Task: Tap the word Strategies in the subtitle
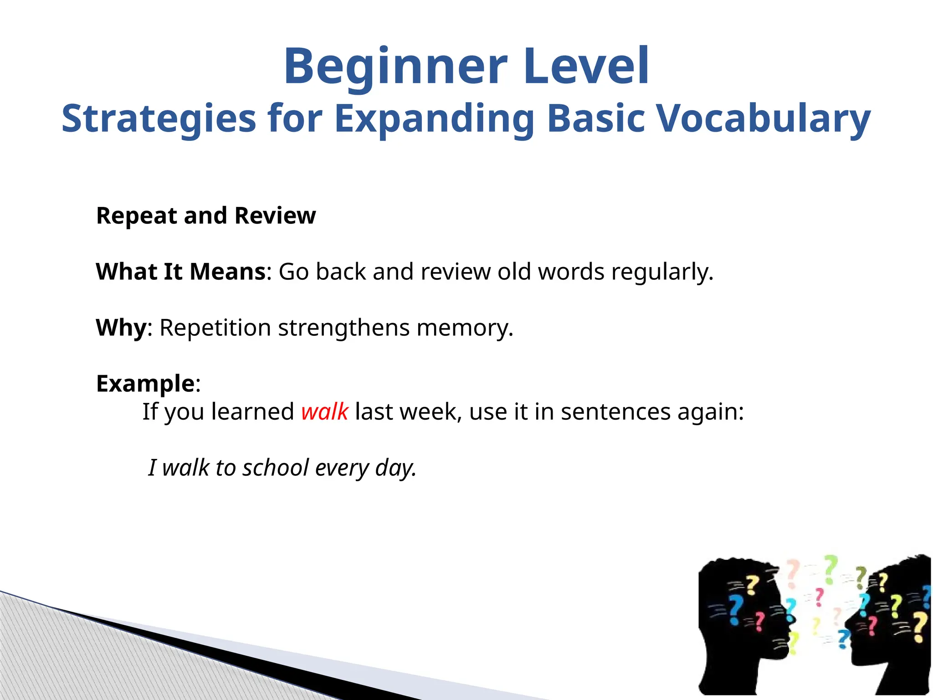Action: [x=159, y=118]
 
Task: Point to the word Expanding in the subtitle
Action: [x=434, y=118]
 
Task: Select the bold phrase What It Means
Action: [x=180, y=272]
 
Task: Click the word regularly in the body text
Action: [x=661, y=272]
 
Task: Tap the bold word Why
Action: [x=121, y=328]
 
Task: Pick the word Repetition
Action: [x=215, y=328]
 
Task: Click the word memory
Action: [x=464, y=328]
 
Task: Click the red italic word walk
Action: [x=324, y=412]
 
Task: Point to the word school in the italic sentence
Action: [x=276, y=468]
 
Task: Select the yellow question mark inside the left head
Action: [x=753, y=585]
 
